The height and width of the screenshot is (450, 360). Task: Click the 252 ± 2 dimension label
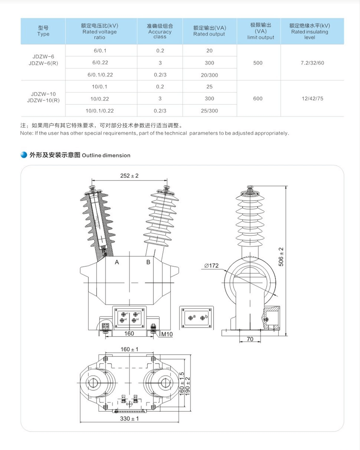click(x=129, y=176)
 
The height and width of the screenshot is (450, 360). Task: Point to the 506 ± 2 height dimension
click(x=281, y=257)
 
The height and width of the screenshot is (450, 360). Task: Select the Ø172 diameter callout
click(x=211, y=266)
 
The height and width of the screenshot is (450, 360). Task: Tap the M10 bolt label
click(x=167, y=334)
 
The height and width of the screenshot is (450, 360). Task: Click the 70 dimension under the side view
click(x=250, y=339)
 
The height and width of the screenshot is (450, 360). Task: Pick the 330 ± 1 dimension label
click(x=129, y=419)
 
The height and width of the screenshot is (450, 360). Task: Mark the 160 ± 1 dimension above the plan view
click(x=129, y=349)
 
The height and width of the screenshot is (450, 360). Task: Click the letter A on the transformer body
click(x=117, y=262)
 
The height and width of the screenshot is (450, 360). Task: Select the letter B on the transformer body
click(x=148, y=262)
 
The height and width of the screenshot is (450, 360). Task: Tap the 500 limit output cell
click(x=258, y=63)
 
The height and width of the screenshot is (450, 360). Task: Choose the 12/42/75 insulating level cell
click(x=312, y=98)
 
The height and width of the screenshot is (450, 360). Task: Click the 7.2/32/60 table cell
click(x=312, y=63)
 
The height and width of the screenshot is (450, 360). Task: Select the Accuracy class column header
click(x=160, y=31)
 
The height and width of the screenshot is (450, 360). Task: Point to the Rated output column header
click(x=209, y=31)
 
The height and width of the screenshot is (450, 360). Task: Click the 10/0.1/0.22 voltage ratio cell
click(x=100, y=111)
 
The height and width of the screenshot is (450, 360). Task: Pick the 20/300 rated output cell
click(x=209, y=75)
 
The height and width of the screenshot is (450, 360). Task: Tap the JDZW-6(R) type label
click(x=43, y=63)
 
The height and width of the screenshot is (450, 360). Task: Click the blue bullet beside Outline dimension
click(x=24, y=155)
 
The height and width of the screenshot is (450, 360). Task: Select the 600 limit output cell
click(x=258, y=98)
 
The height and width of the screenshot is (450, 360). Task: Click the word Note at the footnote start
click(x=27, y=133)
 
